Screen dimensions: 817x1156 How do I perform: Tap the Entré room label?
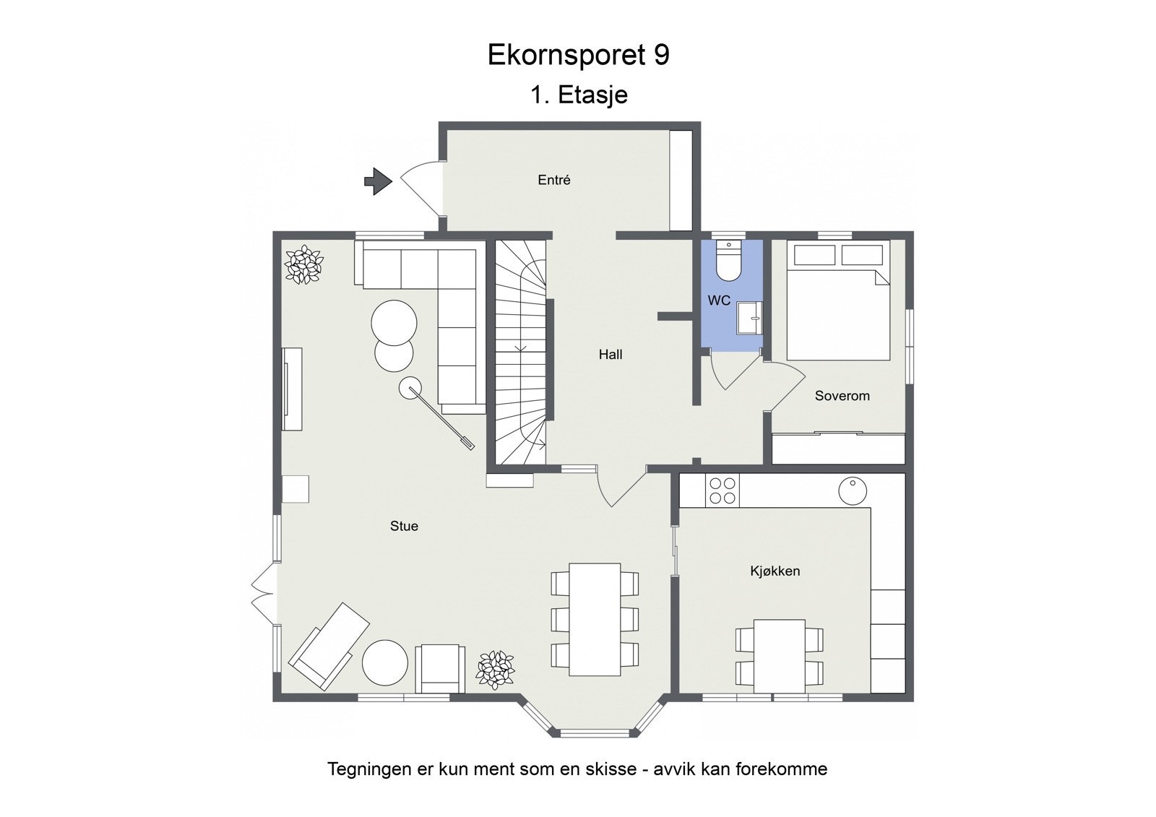click(x=554, y=180)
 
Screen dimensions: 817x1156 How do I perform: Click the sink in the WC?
click(x=749, y=318)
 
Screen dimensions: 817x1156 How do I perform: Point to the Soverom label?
click(x=842, y=396)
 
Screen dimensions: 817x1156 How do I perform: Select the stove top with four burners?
click(x=722, y=490)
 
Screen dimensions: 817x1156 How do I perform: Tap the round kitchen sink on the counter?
click(x=853, y=491)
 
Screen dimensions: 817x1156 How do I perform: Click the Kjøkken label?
click(x=775, y=571)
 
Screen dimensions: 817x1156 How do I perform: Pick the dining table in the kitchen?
click(x=779, y=656)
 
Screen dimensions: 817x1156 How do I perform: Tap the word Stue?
click(x=404, y=526)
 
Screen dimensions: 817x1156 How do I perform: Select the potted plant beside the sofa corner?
click(x=303, y=264)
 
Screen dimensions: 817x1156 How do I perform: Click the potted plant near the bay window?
click(x=496, y=668)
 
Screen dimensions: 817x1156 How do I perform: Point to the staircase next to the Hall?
click(x=520, y=354)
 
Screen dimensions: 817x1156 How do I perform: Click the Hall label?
click(x=610, y=354)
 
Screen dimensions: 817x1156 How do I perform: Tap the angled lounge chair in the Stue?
click(x=329, y=646)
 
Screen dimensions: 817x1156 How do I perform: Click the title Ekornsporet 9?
click(x=578, y=55)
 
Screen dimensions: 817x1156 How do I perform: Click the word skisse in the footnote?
click(x=604, y=769)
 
